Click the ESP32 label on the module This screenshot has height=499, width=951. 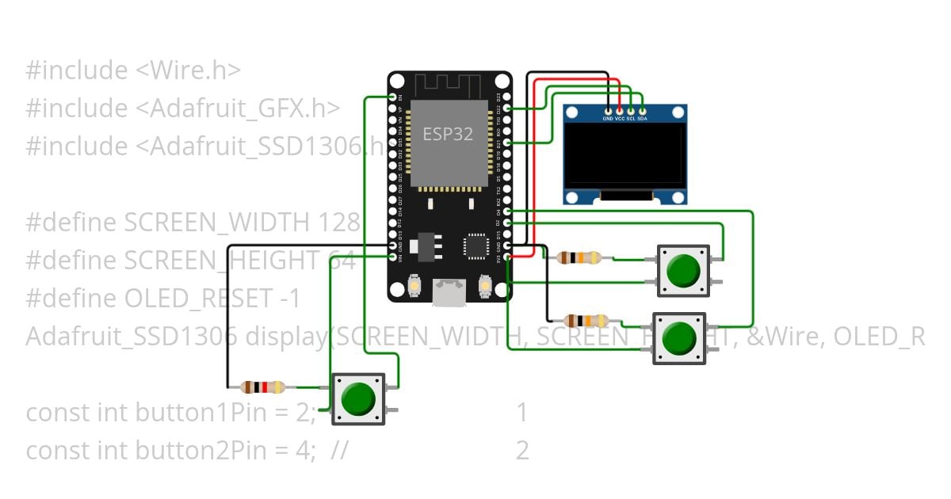(x=447, y=134)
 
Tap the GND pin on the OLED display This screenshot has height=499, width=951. (x=608, y=110)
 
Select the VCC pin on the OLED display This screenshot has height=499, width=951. (x=620, y=110)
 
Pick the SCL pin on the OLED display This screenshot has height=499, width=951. (x=631, y=110)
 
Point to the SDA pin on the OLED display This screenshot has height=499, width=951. (x=643, y=110)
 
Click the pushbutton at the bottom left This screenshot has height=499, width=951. (x=358, y=398)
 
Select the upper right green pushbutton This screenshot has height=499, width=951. (x=682, y=270)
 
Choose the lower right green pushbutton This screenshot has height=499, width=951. (x=678, y=338)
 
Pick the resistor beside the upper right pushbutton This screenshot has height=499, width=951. (x=579, y=257)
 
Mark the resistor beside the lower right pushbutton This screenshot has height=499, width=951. (x=586, y=321)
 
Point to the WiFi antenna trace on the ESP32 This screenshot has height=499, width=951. (x=449, y=84)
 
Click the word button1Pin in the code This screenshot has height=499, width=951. (x=183, y=413)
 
